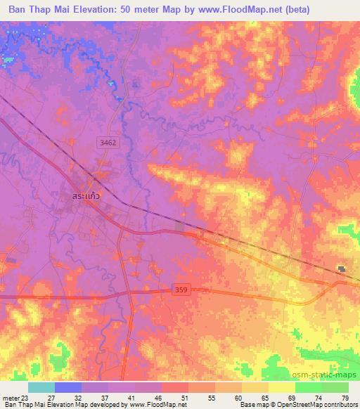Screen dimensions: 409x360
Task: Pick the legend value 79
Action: (345, 397)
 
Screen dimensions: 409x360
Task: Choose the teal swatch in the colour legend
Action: (41, 387)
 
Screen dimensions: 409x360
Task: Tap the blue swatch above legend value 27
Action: (67, 387)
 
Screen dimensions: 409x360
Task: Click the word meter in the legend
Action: (11, 397)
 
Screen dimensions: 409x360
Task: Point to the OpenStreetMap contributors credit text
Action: (313, 405)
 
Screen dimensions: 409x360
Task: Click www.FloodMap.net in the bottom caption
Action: (160, 405)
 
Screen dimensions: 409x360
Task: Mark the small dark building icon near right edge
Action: (342, 269)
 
